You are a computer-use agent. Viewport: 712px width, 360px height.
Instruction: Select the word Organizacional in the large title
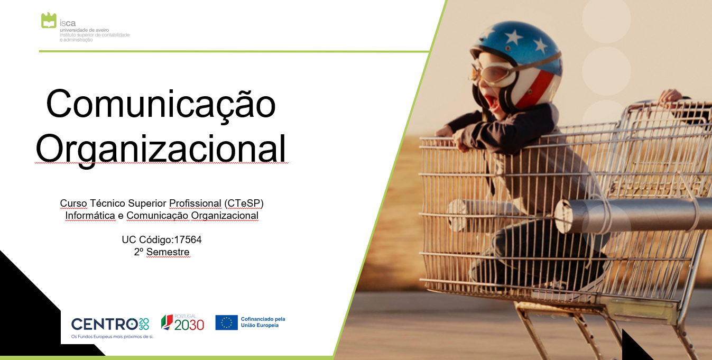(x=161, y=149)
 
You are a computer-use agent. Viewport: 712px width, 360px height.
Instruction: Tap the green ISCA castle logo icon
(x=49, y=21)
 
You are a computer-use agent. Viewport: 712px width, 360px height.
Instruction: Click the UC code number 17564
(x=188, y=239)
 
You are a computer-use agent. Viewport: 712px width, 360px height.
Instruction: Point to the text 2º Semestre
(x=161, y=252)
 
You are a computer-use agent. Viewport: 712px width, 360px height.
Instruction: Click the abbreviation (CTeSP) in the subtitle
(x=244, y=203)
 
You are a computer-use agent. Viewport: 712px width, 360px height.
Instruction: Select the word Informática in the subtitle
(x=90, y=216)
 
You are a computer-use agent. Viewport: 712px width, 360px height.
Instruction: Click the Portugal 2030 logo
(x=182, y=322)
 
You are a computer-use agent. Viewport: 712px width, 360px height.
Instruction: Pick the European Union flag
(x=226, y=322)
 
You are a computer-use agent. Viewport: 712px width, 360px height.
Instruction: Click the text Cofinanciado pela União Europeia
(x=263, y=322)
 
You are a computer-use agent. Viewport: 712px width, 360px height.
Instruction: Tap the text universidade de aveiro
(x=84, y=30)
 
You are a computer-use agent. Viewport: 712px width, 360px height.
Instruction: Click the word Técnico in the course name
(x=107, y=203)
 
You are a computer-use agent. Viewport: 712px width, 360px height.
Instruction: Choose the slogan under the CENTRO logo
(x=112, y=336)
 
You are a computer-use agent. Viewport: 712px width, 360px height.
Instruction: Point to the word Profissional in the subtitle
(x=195, y=203)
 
